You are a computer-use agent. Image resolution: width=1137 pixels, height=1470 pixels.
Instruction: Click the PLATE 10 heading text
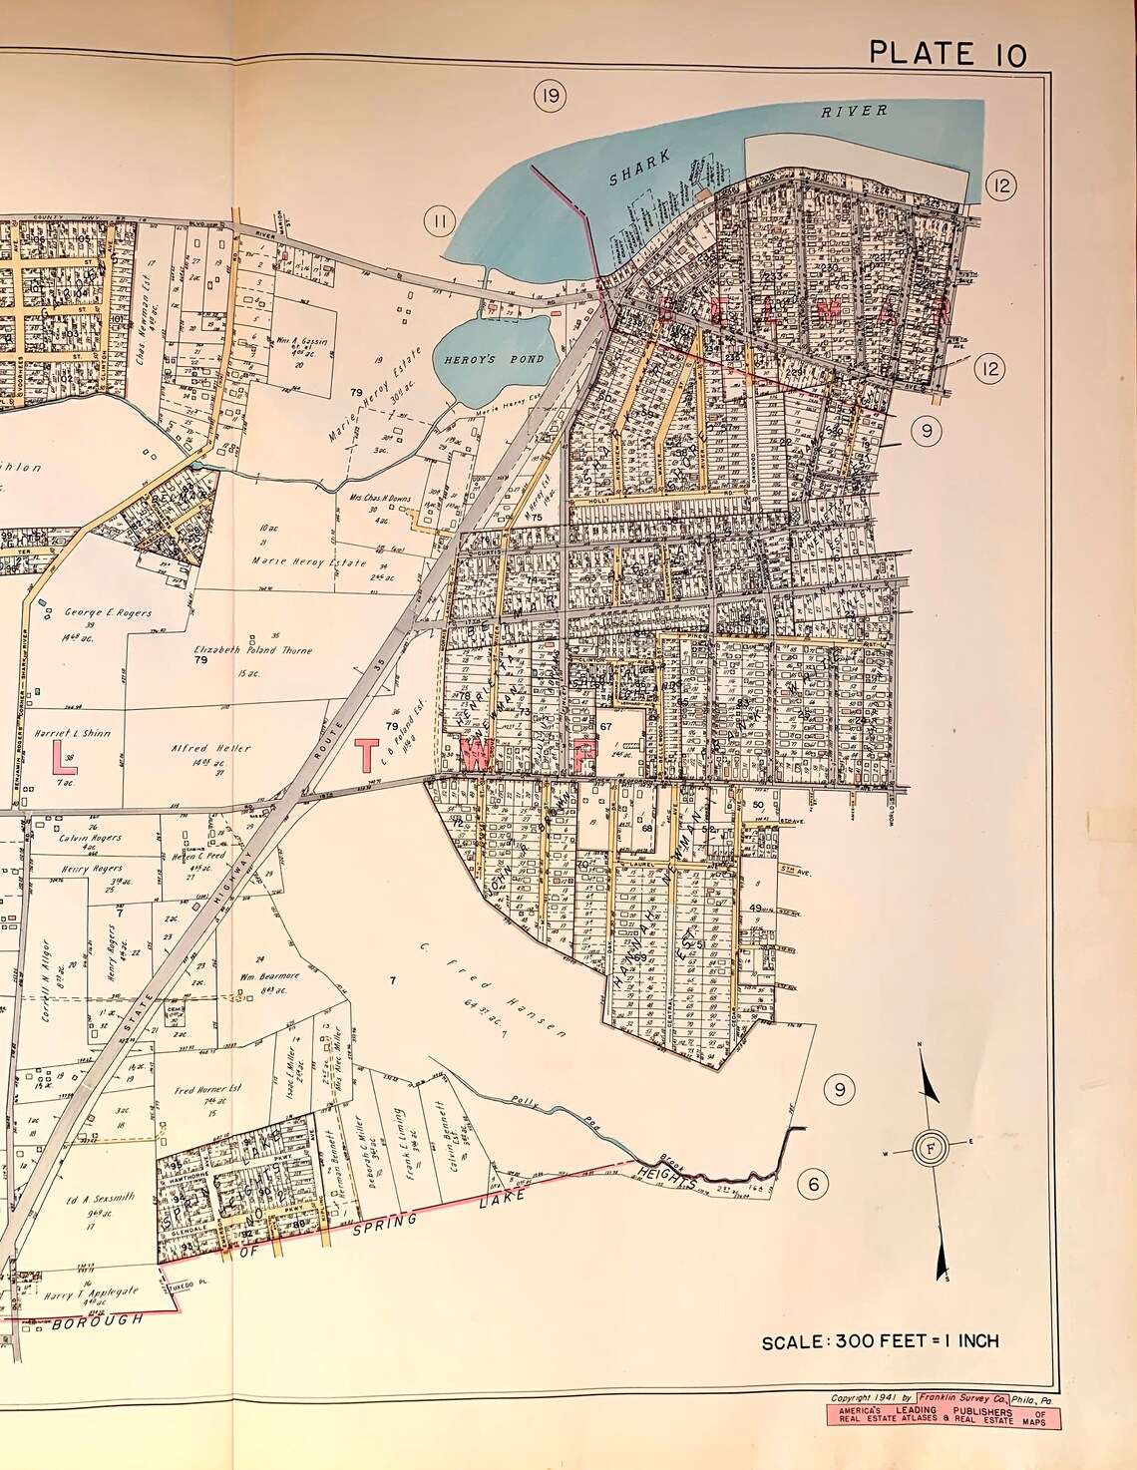[947, 53]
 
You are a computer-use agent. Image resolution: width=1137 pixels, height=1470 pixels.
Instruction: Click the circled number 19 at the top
[550, 97]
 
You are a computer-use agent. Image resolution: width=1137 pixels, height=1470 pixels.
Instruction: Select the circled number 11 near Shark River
[438, 220]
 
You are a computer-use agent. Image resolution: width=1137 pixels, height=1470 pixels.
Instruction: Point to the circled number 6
[813, 1184]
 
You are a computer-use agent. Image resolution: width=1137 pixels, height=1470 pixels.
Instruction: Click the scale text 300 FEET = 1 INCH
[880, 1341]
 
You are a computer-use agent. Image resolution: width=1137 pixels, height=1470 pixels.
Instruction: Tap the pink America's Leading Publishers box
[944, 1417]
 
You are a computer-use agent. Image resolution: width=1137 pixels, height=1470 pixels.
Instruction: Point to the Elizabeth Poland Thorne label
[253, 650]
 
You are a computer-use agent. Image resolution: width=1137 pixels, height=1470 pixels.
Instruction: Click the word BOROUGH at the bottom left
[98, 1322]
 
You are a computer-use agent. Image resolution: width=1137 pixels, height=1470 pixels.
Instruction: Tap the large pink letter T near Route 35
[368, 755]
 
